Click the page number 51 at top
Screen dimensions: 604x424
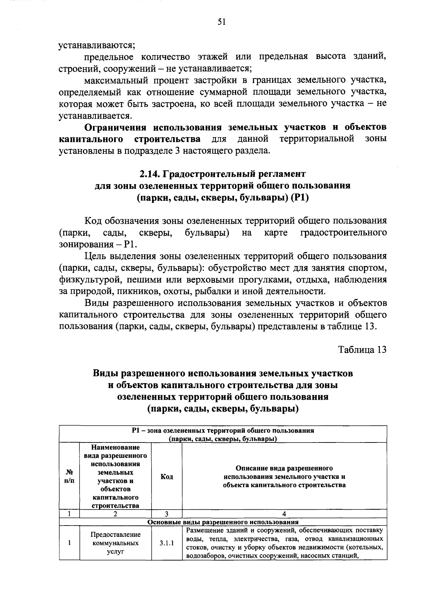pyautogui.click(x=222, y=22)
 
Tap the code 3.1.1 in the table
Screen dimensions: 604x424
pyautogui.click(x=166, y=544)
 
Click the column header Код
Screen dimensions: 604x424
pyautogui.click(x=166, y=477)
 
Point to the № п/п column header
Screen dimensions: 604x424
pyautogui.click(x=70, y=477)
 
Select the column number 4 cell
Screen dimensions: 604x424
pyautogui.click(x=284, y=514)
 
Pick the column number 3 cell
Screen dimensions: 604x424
pyautogui.click(x=166, y=514)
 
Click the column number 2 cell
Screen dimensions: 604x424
pyautogui.click(x=116, y=514)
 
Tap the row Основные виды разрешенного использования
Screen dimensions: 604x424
pyautogui.click(x=223, y=522)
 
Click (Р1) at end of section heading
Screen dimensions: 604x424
pyautogui.click(x=299, y=198)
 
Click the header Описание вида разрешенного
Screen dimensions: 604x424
pyautogui.click(x=284, y=468)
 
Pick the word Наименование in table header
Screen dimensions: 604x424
pyautogui.click(x=116, y=447)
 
